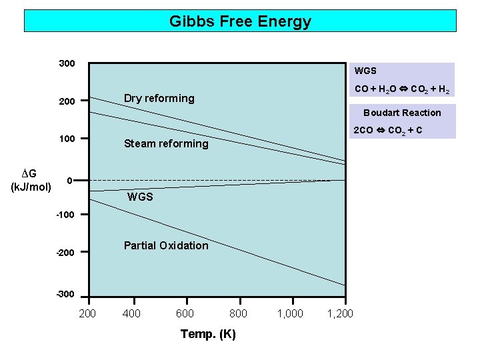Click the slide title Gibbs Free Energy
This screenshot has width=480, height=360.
(240, 21)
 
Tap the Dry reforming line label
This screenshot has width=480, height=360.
(159, 99)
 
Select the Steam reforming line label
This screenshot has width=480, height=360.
(166, 143)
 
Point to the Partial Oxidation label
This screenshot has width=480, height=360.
(166, 245)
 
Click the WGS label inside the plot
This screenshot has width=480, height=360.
(140, 197)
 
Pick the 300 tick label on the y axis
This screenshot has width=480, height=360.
(67, 64)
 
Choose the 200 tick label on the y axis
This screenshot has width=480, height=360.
(67, 101)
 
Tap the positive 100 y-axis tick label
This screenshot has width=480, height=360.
(67, 139)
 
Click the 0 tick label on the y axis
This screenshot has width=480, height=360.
(69, 181)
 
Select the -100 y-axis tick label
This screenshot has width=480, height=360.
(65, 215)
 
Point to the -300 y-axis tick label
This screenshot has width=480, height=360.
(65, 294)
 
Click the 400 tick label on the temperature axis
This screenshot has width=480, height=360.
(132, 313)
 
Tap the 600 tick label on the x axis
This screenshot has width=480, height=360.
(185, 313)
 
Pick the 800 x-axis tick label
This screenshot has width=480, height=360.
(238, 313)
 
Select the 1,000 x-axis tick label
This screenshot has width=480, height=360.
(290, 313)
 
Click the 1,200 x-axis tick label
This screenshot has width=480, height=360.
(340, 313)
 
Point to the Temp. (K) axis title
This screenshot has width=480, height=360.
(208, 334)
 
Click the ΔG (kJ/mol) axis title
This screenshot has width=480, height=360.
(31, 179)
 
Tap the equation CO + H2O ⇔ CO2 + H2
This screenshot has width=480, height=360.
(402, 89)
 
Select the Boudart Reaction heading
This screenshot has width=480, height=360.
(402, 113)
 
